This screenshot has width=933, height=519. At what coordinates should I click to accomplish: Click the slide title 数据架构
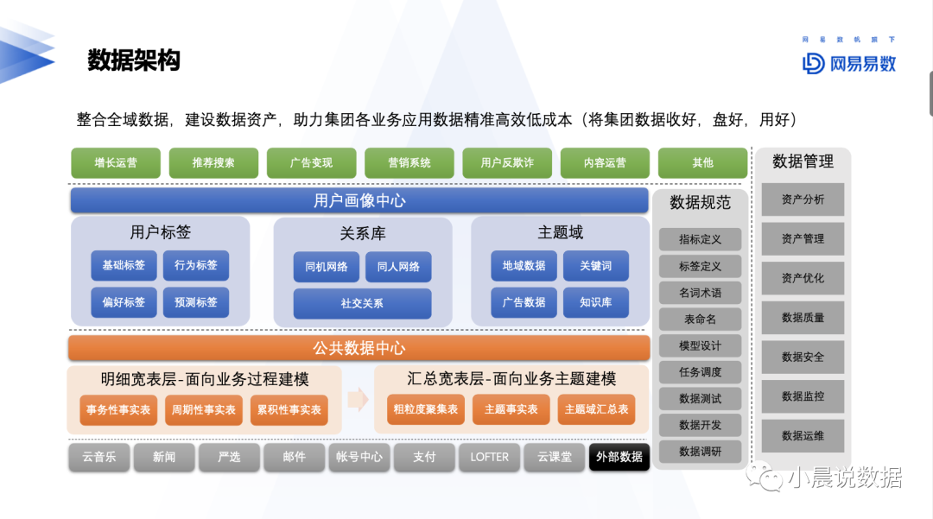(x=134, y=60)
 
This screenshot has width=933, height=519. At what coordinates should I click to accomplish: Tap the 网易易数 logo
(x=849, y=63)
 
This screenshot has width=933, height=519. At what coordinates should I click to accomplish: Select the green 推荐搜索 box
(x=213, y=163)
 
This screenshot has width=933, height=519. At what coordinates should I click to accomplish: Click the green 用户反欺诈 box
(x=507, y=163)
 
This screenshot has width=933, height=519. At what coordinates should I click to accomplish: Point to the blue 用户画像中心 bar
(x=359, y=200)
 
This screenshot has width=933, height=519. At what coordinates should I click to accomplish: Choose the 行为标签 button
(x=196, y=265)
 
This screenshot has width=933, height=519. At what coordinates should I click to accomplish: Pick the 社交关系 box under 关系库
(x=362, y=303)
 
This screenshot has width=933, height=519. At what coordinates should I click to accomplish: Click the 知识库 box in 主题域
(x=595, y=302)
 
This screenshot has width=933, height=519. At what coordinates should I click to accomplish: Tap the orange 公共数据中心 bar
(x=359, y=348)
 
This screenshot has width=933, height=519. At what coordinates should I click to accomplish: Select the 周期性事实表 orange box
(x=204, y=409)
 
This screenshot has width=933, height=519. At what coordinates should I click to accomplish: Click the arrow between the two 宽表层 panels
(x=359, y=399)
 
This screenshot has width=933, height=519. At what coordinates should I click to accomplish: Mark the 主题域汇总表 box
(x=596, y=409)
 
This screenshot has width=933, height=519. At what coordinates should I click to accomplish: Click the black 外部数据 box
(x=619, y=457)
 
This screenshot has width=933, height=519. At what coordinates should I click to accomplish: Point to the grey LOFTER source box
(x=489, y=457)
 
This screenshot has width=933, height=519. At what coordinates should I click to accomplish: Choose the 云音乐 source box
(x=98, y=457)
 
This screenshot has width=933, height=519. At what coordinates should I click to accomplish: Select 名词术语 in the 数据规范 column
(x=700, y=293)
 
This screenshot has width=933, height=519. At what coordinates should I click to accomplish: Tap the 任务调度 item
(x=700, y=372)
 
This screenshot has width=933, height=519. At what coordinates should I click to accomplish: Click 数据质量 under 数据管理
(x=803, y=318)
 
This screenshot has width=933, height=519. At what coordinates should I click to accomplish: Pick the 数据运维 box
(x=803, y=436)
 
